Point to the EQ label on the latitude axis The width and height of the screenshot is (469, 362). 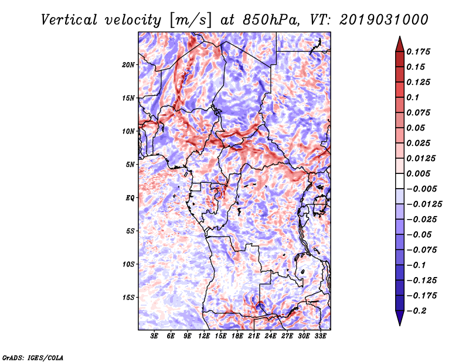point(130,198)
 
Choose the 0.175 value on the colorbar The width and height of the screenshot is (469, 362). point(420,52)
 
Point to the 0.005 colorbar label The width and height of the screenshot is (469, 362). point(420,173)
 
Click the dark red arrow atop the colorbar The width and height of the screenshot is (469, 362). point(399,43)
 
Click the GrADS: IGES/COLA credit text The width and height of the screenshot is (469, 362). point(32,356)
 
